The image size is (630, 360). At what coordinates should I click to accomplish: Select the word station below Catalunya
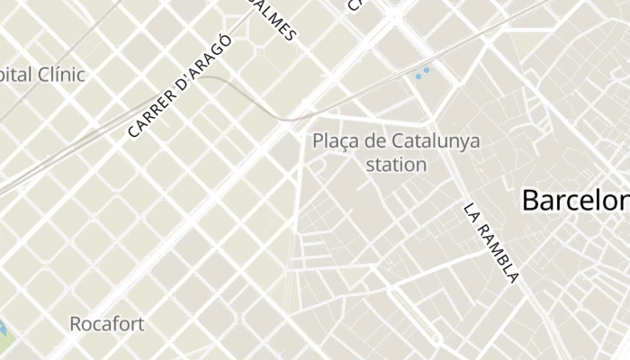[397, 165]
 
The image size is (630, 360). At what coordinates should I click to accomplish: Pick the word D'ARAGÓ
[204, 60]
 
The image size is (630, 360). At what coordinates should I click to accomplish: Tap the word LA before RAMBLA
[472, 212]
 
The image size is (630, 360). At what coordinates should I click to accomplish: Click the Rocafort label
[107, 323]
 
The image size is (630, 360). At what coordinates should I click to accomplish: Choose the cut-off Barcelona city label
[575, 200]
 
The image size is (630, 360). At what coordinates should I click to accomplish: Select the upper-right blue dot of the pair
[427, 69]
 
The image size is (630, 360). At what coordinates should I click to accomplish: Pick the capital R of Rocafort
[76, 323]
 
